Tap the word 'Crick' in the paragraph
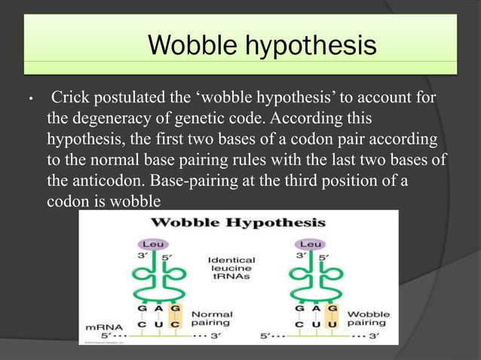pyautogui.click(x=70, y=99)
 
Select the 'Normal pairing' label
pyautogui.click(x=212, y=318)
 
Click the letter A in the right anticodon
pyautogui.click(x=312, y=309)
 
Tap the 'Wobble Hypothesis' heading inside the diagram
pyautogui.click(x=238, y=223)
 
